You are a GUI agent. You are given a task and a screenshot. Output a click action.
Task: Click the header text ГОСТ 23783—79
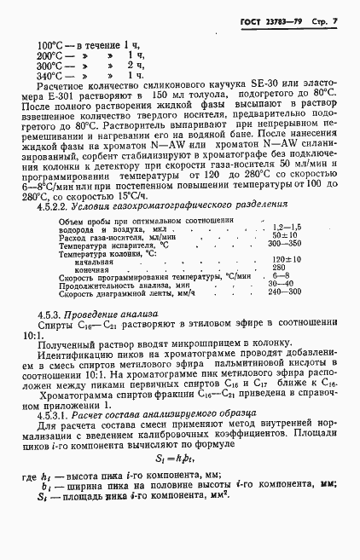click(x=279, y=18)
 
